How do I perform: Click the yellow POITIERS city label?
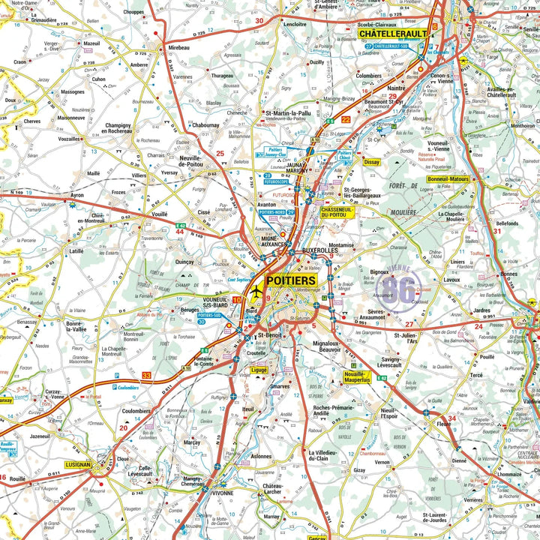pyautogui.click(x=292, y=280)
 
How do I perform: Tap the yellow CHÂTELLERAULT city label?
pyautogui.click(x=392, y=34)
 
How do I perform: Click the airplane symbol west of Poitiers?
pyautogui.click(x=257, y=290)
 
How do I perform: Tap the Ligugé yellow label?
pyautogui.click(x=259, y=370)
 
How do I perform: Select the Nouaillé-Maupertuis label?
pyautogui.click(x=357, y=377)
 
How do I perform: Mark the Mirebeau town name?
pyautogui.click(x=178, y=46)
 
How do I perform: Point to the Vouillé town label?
pyautogui.click(x=160, y=214)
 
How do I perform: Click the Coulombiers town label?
pyautogui.click(x=136, y=410)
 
